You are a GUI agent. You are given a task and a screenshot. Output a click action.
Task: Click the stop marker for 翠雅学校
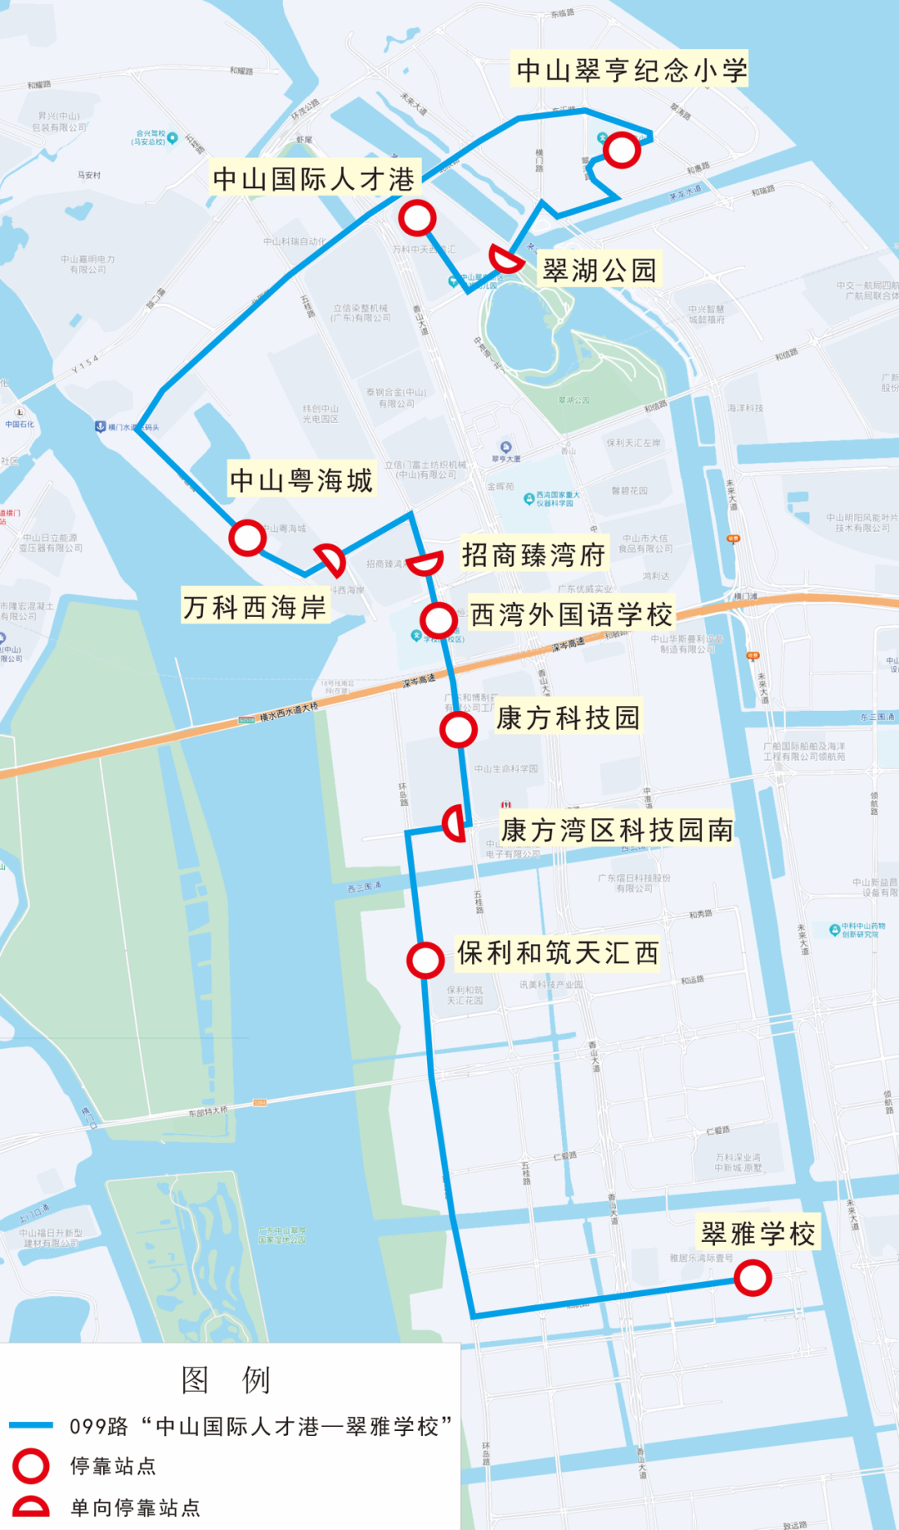[x=752, y=1278]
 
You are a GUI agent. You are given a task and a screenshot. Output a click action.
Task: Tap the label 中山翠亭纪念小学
[x=631, y=70]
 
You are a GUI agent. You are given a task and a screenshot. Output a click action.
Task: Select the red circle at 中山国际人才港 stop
[x=417, y=218]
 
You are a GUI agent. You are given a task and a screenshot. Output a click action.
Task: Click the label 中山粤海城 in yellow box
[x=301, y=480]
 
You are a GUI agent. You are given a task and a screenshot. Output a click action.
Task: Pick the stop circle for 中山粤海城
[x=247, y=538]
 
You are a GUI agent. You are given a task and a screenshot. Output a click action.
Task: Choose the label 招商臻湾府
[x=534, y=554]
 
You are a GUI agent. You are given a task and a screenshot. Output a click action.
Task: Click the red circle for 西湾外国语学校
[x=438, y=619]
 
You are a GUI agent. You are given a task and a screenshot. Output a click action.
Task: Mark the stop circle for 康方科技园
[x=458, y=729]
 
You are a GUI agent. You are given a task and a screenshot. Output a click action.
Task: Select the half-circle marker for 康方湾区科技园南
[x=454, y=824]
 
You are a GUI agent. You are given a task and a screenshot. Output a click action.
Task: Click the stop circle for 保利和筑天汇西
[x=425, y=960]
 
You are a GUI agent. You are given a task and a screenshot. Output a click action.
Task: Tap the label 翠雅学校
[x=758, y=1234]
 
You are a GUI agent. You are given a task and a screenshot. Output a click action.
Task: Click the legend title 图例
[x=226, y=1380]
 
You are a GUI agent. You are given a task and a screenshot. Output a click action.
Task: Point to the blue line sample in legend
[x=31, y=1425]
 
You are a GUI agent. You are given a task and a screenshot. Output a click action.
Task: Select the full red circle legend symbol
[x=31, y=1466]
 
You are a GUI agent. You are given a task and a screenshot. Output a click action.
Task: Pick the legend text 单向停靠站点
[x=135, y=1508]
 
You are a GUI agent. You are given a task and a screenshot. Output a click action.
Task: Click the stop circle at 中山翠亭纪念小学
[x=621, y=151]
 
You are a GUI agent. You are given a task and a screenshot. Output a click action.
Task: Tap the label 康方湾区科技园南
[x=617, y=830]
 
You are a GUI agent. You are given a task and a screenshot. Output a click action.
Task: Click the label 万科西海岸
[x=255, y=607]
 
